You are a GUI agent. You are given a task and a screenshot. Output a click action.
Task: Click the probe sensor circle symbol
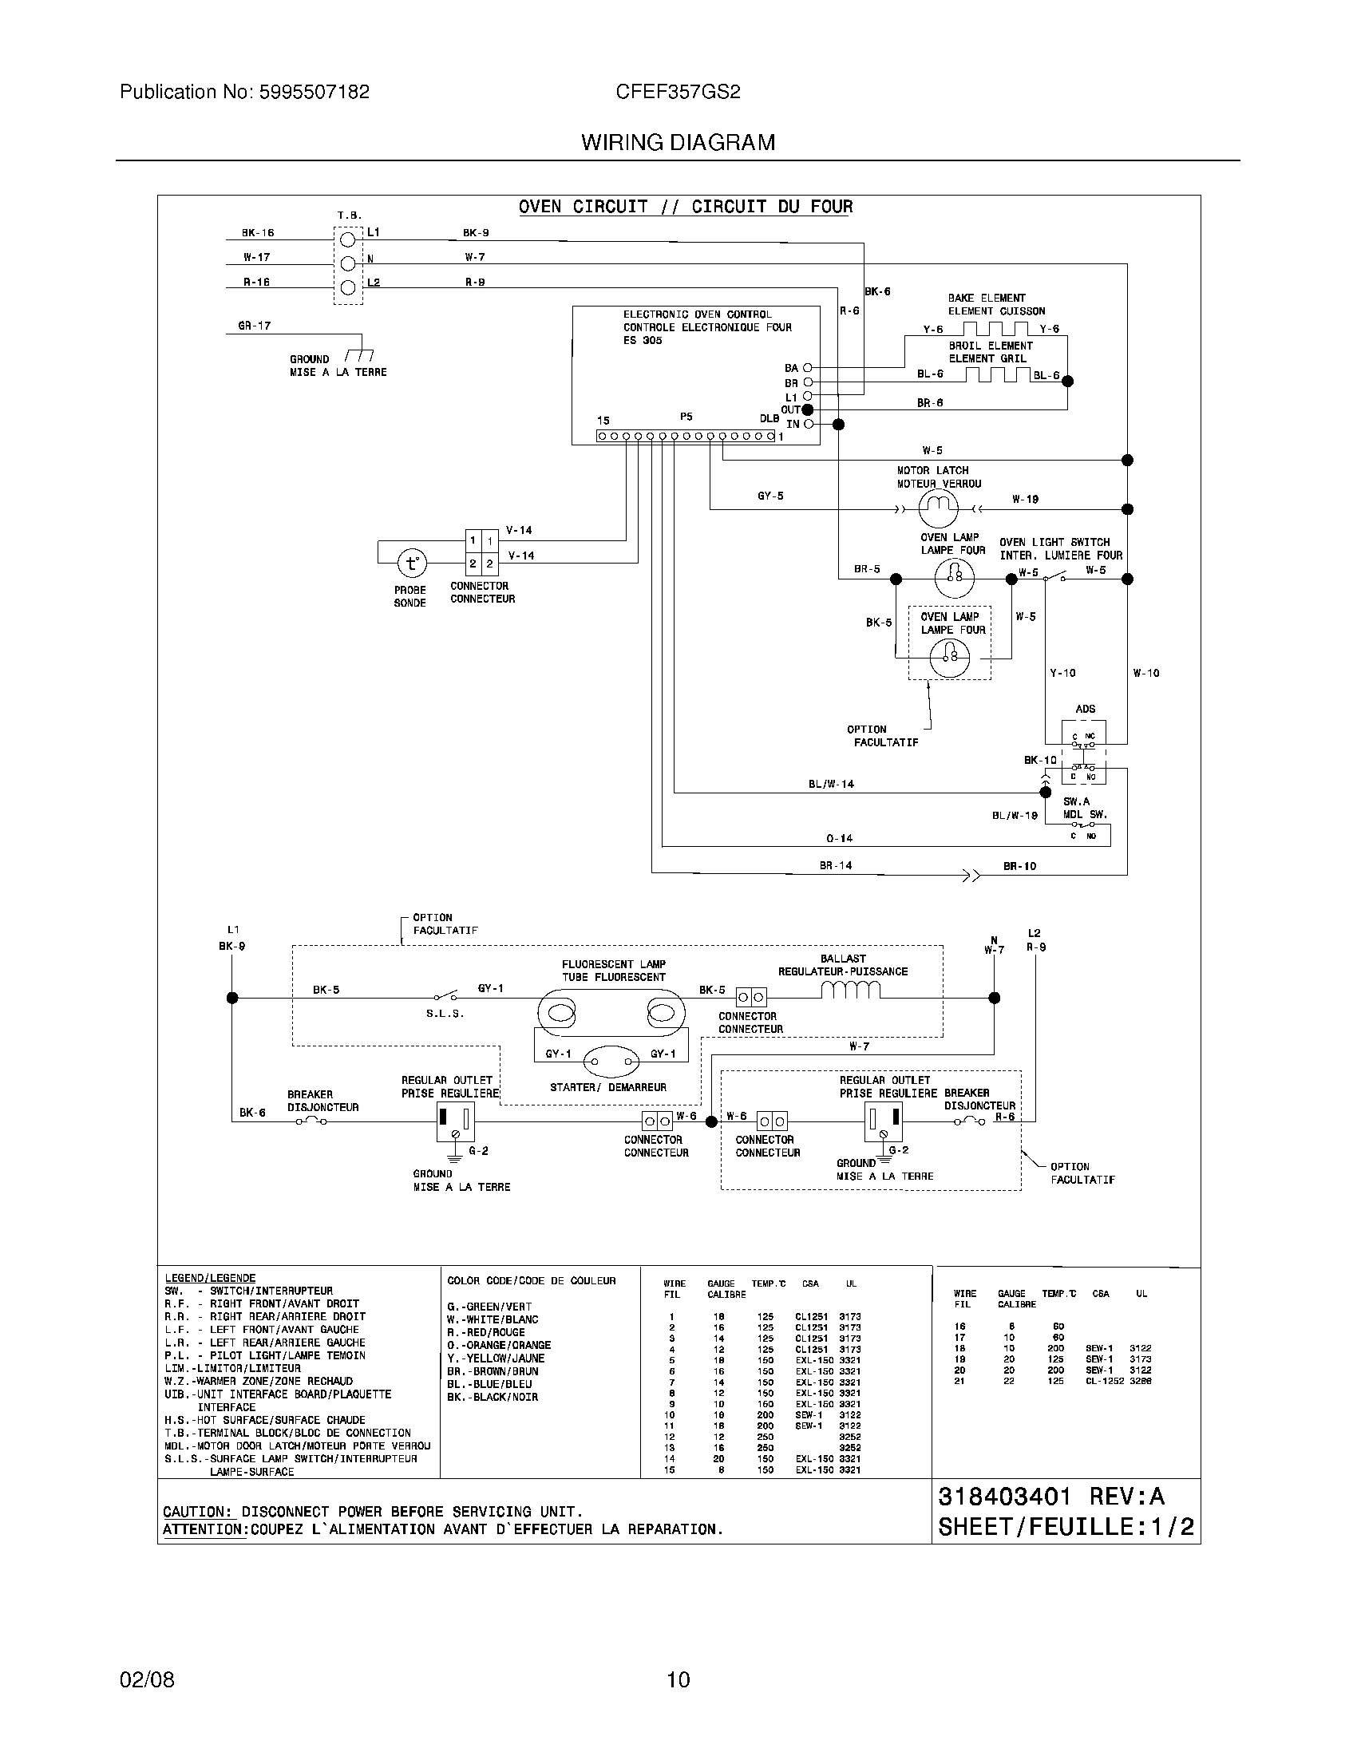point(412,564)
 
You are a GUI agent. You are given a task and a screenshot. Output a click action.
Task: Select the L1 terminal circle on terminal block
point(348,239)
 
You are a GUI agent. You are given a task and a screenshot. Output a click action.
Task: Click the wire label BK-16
point(258,233)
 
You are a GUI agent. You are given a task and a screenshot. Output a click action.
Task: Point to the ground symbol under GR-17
point(359,355)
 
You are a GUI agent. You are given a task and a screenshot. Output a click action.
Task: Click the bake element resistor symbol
point(996,329)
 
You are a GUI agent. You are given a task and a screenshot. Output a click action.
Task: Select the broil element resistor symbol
point(997,374)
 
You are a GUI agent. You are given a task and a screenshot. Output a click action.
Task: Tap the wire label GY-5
point(769,496)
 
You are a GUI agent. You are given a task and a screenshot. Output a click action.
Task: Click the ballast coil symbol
point(851,991)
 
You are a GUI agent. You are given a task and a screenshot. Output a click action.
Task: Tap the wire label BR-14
point(835,866)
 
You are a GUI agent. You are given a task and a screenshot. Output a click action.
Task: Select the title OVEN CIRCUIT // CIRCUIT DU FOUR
point(685,207)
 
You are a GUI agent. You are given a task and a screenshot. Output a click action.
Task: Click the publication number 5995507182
point(315,93)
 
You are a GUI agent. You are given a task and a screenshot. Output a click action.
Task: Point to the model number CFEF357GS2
point(678,93)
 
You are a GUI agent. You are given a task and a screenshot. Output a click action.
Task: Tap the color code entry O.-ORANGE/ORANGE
point(498,1345)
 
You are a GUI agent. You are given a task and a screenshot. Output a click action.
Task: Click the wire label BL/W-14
point(830,784)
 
